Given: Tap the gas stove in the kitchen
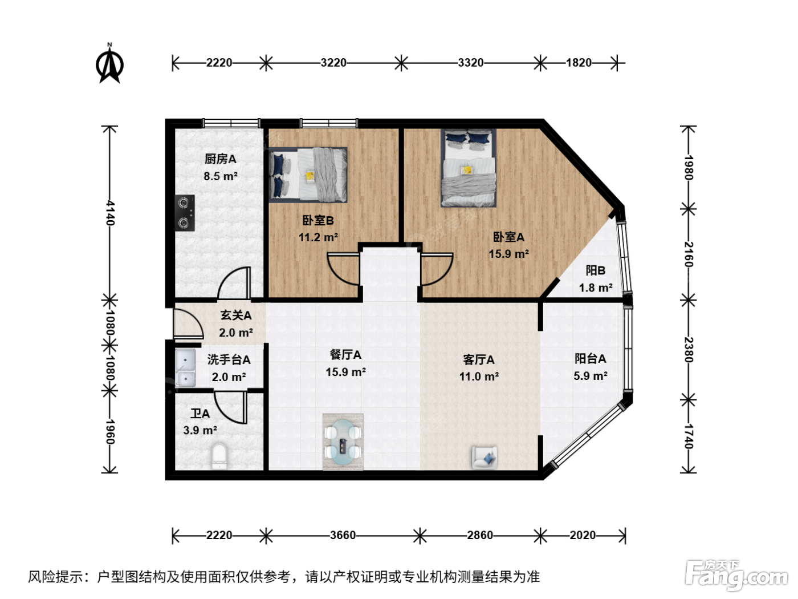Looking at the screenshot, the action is pos(185,213).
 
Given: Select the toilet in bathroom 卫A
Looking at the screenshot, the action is pos(219,456).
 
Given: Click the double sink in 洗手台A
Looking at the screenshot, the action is pos(185,368).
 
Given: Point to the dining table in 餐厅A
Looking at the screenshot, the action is pos(343,442).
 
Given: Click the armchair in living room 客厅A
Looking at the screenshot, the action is pos(484,457).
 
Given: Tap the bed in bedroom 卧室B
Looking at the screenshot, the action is pos(308,175).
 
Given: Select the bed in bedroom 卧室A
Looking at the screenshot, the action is pos(469,168).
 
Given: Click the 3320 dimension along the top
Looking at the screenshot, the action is pos(470,63).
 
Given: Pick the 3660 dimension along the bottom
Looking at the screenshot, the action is pos(343,535).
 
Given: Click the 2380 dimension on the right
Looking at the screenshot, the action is pos(688,350).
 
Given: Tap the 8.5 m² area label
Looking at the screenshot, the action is pos(221,176).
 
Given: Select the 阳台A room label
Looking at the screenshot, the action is pos(590,359).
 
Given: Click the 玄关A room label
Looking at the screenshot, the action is pos(236,315).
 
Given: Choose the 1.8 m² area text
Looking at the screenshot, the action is pos(596,288).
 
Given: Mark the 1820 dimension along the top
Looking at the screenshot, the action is pos(579,63).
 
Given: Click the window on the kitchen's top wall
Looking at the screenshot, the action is pos(231,123).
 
